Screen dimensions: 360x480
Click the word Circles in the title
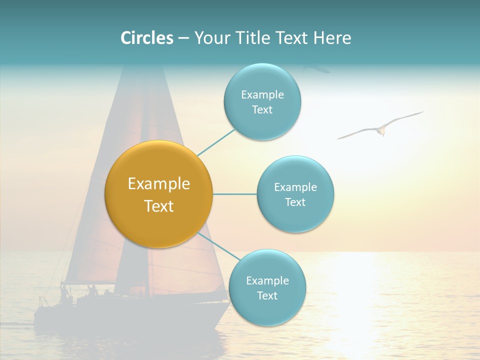coord(146,38)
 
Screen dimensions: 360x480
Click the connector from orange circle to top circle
coord(216,142)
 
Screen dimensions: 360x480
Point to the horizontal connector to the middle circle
coord(234,194)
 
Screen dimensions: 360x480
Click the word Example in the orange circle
coord(158,184)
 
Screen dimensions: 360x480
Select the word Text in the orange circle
coord(158,206)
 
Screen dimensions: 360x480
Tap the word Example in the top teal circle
coord(262,95)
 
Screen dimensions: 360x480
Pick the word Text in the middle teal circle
coord(295,202)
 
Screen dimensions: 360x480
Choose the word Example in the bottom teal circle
coord(267,281)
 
